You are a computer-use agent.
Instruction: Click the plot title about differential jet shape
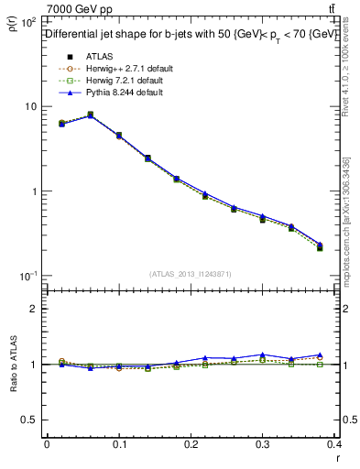(x=189, y=34)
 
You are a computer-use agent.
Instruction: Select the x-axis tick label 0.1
(x=119, y=444)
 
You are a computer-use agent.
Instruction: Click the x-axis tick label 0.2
(x=191, y=444)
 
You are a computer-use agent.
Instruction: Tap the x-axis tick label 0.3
(x=264, y=444)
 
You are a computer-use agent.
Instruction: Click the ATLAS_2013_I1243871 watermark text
(x=191, y=274)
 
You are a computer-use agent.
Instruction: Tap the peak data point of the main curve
(x=90, y=115)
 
